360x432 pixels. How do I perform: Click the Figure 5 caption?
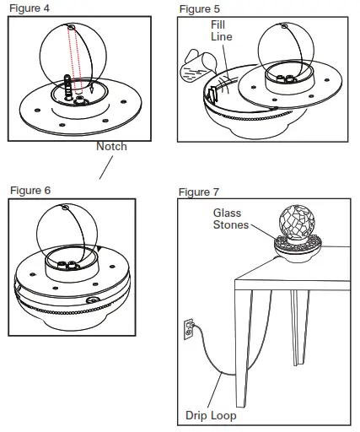click(200, 8)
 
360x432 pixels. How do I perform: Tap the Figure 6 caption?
click(30, 190)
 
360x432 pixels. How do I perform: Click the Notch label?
click(111, 146)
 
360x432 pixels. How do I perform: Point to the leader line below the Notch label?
click(105, 166)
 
